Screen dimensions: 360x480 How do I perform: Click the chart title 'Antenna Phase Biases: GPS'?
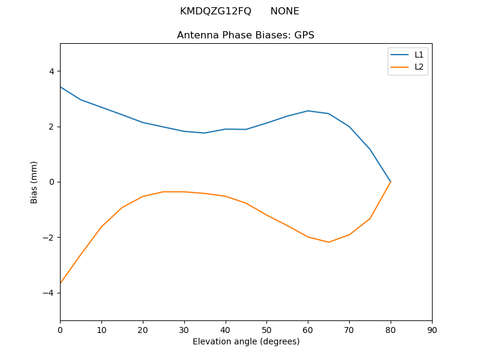click(245, 35)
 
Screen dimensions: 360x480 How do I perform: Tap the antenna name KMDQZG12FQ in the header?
click(215, 11)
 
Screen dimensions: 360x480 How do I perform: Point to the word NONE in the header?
click(284, 11)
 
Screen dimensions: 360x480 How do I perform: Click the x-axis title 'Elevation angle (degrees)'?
click(246, 341)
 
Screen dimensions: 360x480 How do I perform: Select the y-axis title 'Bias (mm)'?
click(34, 182)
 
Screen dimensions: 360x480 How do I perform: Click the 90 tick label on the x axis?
click(432, 329)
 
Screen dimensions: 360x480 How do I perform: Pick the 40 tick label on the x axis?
click(226, 329)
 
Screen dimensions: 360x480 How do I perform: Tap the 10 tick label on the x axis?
click(101, 329)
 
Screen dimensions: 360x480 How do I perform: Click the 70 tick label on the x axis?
click(349, 329)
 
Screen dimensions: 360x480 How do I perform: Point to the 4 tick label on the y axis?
click(51, 71)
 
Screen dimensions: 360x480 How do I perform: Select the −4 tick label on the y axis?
click(49, 293)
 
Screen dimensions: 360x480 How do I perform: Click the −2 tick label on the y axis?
click(49, 238)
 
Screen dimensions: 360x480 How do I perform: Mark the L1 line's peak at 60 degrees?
click(308, 111)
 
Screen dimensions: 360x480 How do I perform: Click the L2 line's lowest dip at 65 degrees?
click(329, 242)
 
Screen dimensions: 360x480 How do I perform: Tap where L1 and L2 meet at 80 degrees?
click(391, 182)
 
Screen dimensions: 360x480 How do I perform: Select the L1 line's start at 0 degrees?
click(61, 87)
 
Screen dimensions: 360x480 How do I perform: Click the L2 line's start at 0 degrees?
click(61, 283)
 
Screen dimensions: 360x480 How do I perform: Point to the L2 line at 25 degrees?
click(163, 192)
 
